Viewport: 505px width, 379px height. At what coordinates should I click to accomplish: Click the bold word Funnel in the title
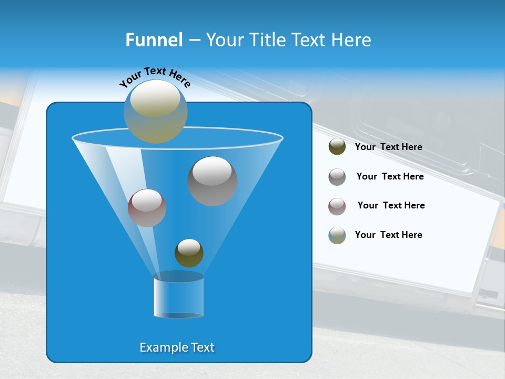(x=154, y=40)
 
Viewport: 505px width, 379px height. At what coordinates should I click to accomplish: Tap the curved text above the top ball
(x=155, y=77)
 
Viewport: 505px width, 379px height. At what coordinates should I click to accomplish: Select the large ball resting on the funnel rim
(x=156, y=111)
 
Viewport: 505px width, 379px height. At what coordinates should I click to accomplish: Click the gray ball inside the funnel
(x=213, y=181)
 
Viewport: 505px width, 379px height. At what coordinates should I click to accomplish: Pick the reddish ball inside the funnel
(x=147, y=208)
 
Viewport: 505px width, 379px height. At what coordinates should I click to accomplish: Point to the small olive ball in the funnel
(x=189, y=253)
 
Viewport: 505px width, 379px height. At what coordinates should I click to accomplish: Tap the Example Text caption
(x=177, y=347)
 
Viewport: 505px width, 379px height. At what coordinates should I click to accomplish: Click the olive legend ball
(x=337, y=147)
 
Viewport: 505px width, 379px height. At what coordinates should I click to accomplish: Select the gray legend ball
(x=337, y=177)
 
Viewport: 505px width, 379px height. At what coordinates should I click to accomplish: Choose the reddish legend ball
(x=337, y=206)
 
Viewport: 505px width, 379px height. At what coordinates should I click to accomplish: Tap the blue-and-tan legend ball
(x=337, y=235)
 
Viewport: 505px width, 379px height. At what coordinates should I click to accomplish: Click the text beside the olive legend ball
(x=388, y=147)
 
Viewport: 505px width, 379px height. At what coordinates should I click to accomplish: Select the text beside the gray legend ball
(x=390, y=176)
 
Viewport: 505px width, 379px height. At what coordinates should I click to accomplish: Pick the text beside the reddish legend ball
(x=391, y=205)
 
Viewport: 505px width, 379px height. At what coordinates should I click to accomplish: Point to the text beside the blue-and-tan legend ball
(x=388, y=235)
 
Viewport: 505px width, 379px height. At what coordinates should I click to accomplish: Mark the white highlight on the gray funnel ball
(x=212, y=171)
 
